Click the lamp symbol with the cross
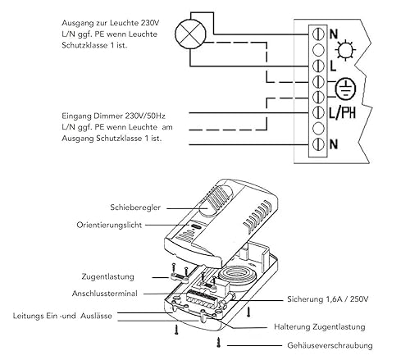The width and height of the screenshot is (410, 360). pos(190,34)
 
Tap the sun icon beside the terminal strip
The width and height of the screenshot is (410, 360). pos(346,50)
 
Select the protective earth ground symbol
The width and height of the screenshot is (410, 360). pos(346,89)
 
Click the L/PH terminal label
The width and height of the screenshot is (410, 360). pos(343,112)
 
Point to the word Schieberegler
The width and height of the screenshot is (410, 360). pos(135,207)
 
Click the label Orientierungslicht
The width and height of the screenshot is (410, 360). pos(109,226)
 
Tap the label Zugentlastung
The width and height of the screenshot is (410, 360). pos(107,276)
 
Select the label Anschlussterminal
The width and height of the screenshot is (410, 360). pos(104,294)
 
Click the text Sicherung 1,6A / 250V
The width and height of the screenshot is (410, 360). pos(327,299)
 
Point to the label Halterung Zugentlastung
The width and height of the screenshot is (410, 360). pos(320,327)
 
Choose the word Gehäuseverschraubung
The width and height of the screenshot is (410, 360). pos(330,345)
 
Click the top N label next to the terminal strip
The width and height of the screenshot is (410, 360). pos(334,34)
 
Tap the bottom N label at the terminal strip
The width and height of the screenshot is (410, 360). pos(334,144)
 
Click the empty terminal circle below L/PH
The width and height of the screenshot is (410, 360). pos(318,128)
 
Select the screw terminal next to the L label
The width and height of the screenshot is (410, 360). pos(318,66)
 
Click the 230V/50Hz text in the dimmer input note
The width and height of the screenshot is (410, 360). pos(145,116)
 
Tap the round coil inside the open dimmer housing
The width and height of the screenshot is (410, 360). pos(236,276)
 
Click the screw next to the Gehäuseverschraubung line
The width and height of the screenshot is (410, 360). pos(218,343)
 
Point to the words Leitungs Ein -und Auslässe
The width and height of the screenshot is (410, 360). pos(62,316)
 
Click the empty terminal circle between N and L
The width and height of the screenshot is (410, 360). pos(318,50)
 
